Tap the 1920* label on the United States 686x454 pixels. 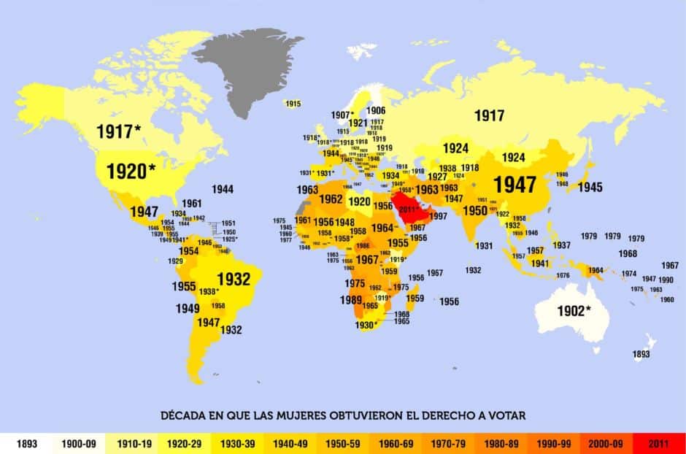[131, 172]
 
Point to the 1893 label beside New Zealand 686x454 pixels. [641, 354]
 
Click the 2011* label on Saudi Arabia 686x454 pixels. [412, 209]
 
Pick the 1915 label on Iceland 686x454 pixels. [293, 104]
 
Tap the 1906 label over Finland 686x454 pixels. [376, 111]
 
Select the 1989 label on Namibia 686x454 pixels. [351, 300]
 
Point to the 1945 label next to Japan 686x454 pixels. [590, 188]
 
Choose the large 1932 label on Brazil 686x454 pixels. [234, 279]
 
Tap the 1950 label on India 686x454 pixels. [474, 211]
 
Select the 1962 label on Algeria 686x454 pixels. [331, 199]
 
